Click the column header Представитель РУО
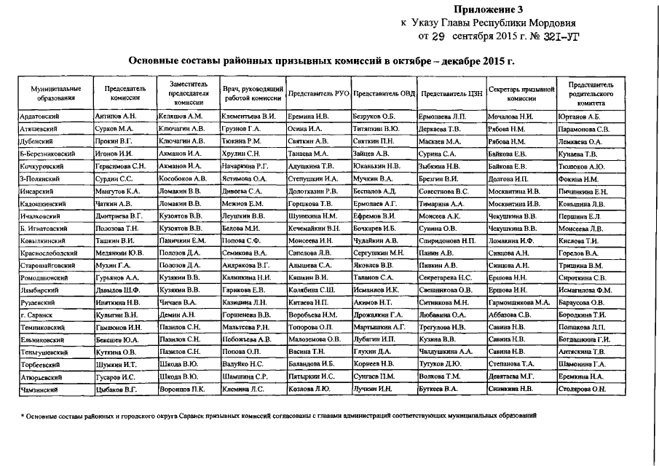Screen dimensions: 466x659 coord(318,95)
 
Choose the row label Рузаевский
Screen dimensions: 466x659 coord(38,301)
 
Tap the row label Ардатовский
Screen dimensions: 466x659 coord(41,116)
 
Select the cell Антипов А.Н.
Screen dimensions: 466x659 coord(116,116)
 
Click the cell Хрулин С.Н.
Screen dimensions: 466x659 coord(242,154)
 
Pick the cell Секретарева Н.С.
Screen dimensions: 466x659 coord(446,277)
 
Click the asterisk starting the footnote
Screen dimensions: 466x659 coord(23,416)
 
